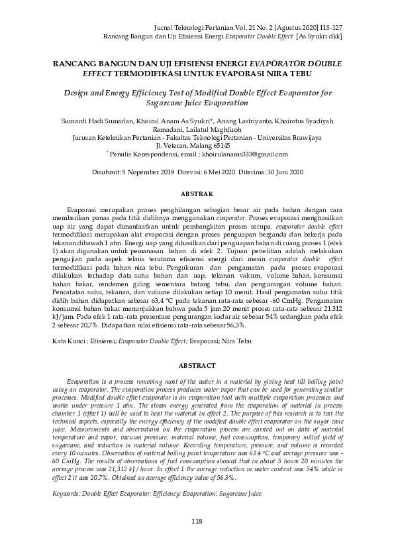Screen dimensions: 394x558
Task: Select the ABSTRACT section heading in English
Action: [x=197, y=365]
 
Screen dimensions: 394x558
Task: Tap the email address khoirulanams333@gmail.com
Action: [x=245, y=154]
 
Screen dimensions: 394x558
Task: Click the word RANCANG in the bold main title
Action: [x=77, y=63]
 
